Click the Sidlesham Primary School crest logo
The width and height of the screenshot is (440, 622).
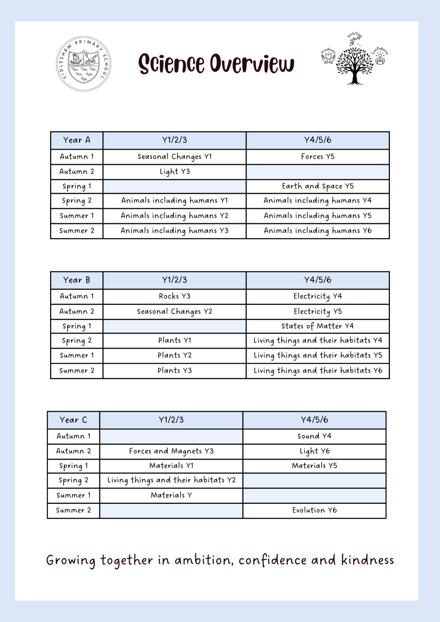[x=84, y=64]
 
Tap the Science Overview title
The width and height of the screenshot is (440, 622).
[x=216, y=64]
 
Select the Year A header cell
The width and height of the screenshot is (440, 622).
[x=77, y=140]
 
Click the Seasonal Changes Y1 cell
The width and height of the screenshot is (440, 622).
[x=175, y=157]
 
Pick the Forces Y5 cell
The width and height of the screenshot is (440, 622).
[x=317, y=157]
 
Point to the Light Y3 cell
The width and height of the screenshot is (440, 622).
[x=175, y=171]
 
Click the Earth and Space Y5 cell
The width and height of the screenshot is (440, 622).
[x=317, y=186]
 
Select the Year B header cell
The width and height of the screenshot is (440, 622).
[x=77, y=280]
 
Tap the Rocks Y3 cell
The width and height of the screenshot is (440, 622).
[x=175, y=296]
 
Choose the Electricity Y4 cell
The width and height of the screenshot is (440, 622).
[x=317, y=296]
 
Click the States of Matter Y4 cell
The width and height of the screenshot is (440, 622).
[x=317, y=326]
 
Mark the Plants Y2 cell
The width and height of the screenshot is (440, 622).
[x=175, y=355]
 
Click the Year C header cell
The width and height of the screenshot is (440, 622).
[x=74, y=420]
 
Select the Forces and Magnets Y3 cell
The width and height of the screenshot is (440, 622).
[x=171, y=451]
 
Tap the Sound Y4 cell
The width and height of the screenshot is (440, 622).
[x=314, y=436]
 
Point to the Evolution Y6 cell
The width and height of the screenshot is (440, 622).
[x=314, y=510]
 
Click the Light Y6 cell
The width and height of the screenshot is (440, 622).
[x=314, y=451]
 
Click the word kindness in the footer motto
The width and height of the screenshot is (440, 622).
[x=367, y=560]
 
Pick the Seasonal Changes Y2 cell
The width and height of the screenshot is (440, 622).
[x=175, y=311]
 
